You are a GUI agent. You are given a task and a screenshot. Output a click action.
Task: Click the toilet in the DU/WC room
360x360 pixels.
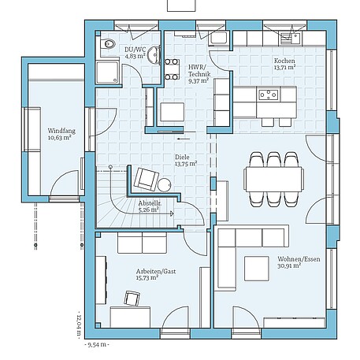tap(108, 44)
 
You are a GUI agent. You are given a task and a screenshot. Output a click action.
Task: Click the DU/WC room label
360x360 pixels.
tap(135, 53)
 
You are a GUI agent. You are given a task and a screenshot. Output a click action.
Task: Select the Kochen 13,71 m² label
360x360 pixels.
tap(284, 65)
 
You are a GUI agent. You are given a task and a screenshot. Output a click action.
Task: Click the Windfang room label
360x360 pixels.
tap(61, 134)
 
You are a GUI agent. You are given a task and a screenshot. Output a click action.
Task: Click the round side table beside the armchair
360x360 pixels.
tap(165, 184)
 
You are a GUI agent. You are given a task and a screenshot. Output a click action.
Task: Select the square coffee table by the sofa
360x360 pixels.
tap(258, 268)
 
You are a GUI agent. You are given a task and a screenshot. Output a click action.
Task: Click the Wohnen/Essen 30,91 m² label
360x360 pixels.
tap(297, 263)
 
